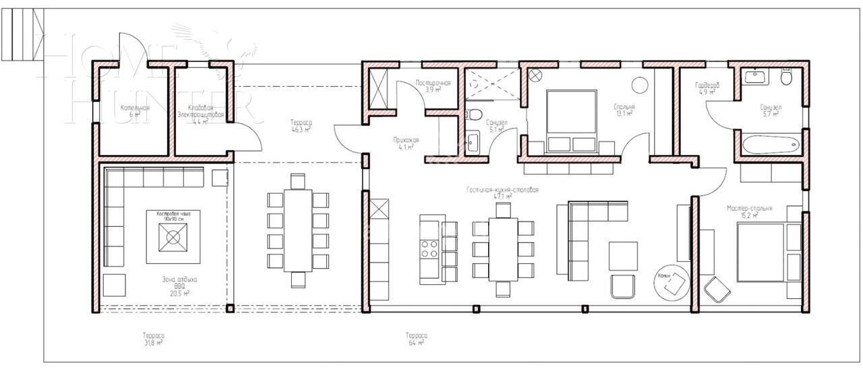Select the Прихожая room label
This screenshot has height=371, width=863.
click(406, 143)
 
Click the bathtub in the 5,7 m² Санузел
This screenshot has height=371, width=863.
click(769, 143)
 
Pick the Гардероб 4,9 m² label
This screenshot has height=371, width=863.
click(707, 88)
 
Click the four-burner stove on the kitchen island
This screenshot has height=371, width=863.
click(428, 249)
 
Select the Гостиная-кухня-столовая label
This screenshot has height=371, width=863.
click(502, 191)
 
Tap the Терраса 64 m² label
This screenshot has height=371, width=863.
click(416, 339)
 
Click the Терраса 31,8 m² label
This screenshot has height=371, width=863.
click(153, 339)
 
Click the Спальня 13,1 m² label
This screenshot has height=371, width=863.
click(624, 110)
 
